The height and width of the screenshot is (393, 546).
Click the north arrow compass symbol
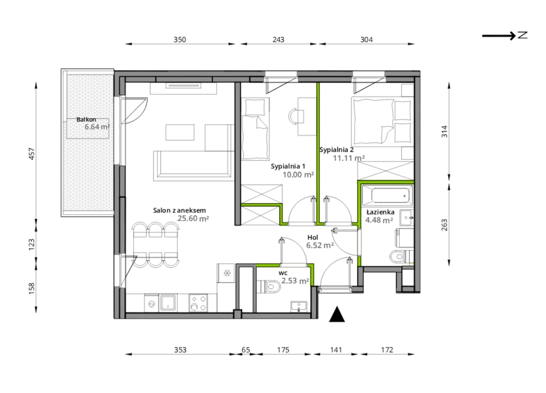tap(505, 36)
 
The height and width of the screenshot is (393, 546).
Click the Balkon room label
tap(86, 119)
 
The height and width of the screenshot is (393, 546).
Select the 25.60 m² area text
tap(193, 218)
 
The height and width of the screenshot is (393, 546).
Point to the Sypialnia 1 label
tap(288, 166)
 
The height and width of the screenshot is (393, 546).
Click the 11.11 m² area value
tap(349, 158)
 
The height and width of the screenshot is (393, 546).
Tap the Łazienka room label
tap(380, 212)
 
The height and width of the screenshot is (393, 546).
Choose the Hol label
tap(313, 237)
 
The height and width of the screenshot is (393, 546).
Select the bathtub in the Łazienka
tap(387, 195)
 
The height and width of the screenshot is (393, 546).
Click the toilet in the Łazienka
tap(401, 257)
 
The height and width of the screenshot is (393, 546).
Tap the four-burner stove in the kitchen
tap(198, 303)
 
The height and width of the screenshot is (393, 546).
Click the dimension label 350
tap(180, 40)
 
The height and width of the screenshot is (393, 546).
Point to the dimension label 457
tap(32, 154)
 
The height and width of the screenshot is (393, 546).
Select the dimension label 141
tap(336, 350)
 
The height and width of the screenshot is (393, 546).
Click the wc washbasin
tap(299, 306)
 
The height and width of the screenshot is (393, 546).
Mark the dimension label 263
tap(445, 225)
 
